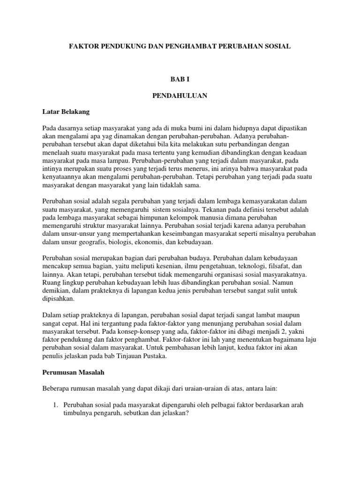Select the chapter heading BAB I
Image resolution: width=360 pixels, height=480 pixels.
[x=180, y=81]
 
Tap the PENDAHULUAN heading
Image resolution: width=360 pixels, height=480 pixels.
[x=180, y=96]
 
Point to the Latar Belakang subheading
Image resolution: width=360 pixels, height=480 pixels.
[x=66, y=112]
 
